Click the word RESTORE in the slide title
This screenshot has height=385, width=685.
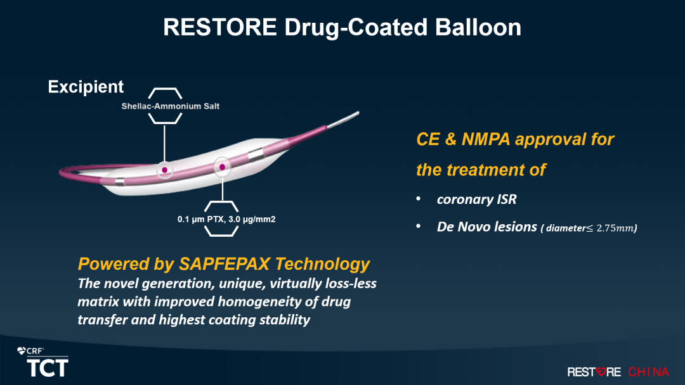pyautogui.click(x=219, y=27)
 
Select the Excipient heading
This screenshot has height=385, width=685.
pyautogui.click(x=86, y=87)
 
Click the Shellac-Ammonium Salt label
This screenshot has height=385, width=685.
pyautogui.click(x=171, y=106)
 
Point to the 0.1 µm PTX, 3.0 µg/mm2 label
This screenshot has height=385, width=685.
pyautogui.click(x=226, y=219)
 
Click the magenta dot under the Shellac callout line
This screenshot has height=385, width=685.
pyautogui.click(x=164, y=170)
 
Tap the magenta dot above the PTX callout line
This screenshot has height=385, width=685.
pyautogui.click(x=223, y=167)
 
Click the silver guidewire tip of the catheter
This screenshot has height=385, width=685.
pyautogui.click(x=343, y=120)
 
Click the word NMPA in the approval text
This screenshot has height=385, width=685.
pyautogui.click(x=485, y=139)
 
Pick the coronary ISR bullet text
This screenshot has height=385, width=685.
pyautogui.click(x=476, y=199)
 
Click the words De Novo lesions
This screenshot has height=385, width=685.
pyautogui.click(x=486, y=227)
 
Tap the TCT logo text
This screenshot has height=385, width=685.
pyautogui.click(x=48, y=368)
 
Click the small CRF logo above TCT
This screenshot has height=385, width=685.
pyautogui.click(x=30, y=351)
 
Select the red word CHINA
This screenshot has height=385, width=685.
pyautogui.click(x=648, y=372)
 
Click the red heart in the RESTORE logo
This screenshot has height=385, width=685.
pyautogui.click(x=601, y=372)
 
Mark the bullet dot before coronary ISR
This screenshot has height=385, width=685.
pyautogui.click(x=418, y=199)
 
